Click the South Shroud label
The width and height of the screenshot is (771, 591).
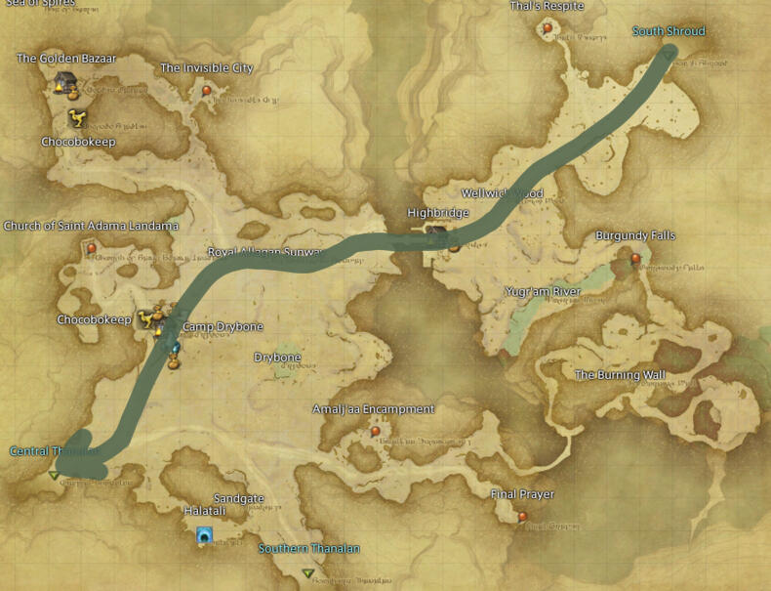pyautogui.click(x=669, y=31)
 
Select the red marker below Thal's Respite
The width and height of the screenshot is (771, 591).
pyautogui.click(x=548, y=27)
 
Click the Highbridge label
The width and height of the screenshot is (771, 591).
pyautogui.click(x=438, y=213)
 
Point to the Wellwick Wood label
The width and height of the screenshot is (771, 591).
pyautogui.click(x=503, y=193)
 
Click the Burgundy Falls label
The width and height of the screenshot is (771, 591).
pyautogui.click(x=635, y=236)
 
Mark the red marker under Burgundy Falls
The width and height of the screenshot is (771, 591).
pyautogui.click(x=635, y=259)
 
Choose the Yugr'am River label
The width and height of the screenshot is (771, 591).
pyautogui.click(x=543, y=292)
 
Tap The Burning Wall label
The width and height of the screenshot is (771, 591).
pyautogui.click(x=621, y=375)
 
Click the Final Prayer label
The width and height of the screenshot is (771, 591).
pyautogui.click(x=522, y=495)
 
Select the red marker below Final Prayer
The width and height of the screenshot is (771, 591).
pyautogui.click(x=523, y=516)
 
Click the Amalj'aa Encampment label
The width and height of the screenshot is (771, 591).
pyautogui.click(x=374, y=409)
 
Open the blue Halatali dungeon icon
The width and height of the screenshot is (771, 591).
pyautogui.click(x=204, y=535)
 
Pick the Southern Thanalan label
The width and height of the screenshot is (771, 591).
pyautogui.click(x=308, y=549)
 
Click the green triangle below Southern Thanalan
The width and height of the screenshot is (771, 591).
pyautogui.click(x=308, y=572)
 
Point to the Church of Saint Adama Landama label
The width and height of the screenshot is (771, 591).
pyautogui.click(x=91, y=227)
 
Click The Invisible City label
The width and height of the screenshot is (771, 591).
pyautogui.click(x=207, y=68)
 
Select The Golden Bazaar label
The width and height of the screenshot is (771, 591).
pyautogui.click(x=66, y=59)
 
